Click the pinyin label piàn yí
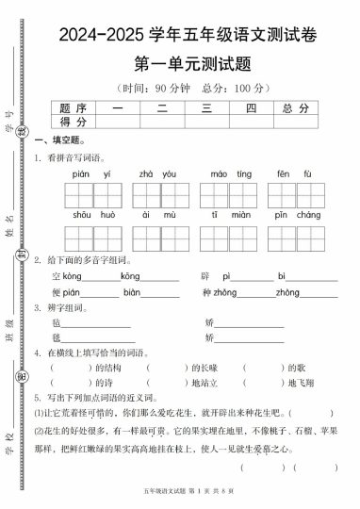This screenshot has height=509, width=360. coord(91,174)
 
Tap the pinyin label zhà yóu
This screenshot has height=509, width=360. coord(157,174)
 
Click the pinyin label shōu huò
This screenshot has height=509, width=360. coord(91,217)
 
